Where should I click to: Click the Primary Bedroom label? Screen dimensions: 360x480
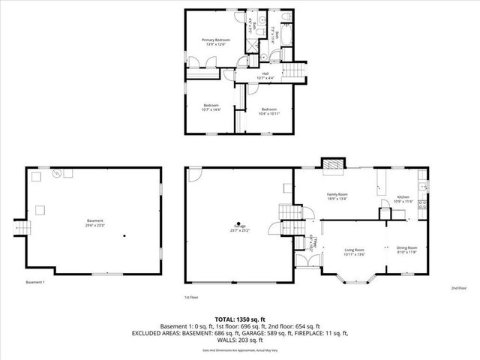[x=215, y=40]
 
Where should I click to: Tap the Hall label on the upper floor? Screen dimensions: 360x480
[x=265, y=73]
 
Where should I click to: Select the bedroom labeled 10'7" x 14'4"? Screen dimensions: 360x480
[x=210, y=106]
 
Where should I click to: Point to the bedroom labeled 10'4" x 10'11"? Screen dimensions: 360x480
[x=270, y=109]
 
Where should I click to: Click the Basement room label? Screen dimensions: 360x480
[x=94, y=220]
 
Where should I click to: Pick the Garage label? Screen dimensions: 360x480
[x=240, y=226]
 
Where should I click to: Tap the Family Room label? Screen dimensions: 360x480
[x=337, y=194]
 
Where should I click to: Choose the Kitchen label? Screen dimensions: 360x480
[x=403, y=198]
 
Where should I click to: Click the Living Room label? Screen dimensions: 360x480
[x=354, y=249]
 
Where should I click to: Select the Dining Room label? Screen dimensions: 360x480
[x=406, y=247]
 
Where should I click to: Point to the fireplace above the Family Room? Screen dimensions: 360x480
[x=331, y=164]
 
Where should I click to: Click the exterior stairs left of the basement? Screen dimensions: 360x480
[x=20, y=227]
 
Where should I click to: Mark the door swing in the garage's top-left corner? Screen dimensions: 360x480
[x=194, y=175]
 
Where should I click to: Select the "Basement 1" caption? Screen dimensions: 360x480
[x=35, y=282]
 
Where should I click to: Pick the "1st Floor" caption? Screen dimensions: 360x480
[x=191, y=297]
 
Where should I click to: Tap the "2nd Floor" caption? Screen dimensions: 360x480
[x=458, y=288]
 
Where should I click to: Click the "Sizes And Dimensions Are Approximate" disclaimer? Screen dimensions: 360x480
[x=239, y=350]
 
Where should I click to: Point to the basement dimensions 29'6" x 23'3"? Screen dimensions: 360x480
[x=94, y=226]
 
